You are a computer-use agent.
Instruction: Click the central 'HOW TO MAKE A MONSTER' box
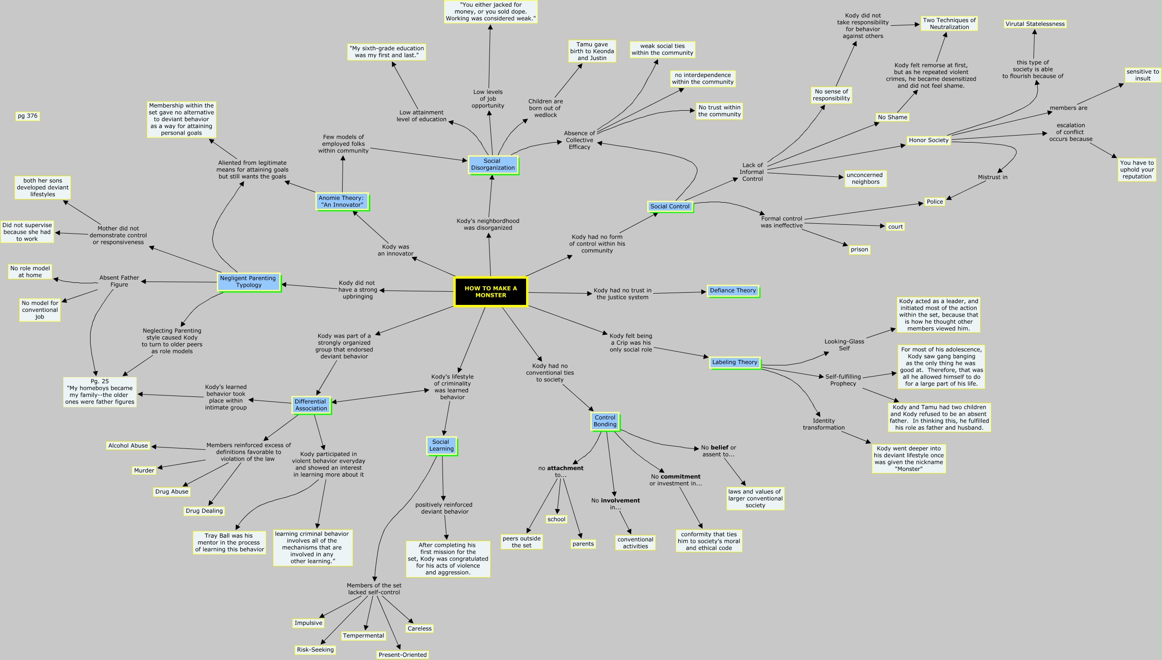[490, 292]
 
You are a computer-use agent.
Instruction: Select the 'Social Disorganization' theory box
[493, 165]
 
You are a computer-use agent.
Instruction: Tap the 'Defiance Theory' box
[733, 291]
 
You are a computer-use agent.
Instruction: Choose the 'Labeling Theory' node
[734, 362]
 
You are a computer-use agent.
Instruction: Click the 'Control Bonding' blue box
[605, 421]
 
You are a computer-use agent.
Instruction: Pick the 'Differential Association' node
[311, 405]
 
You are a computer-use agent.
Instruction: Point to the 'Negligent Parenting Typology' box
[248, 281]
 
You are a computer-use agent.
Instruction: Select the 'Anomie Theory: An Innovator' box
[341, 201]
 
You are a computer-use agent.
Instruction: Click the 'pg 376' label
[28, 116]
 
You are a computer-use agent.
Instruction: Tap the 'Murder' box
[144, 470]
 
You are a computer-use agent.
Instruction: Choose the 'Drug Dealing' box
[204, 511]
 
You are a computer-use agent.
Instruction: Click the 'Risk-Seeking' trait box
[315, 650]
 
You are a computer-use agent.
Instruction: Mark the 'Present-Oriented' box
[403, 655]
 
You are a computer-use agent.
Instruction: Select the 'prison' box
[859, 250]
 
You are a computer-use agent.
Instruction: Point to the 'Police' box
[934, 202]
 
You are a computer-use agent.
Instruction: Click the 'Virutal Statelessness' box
[1035, 24]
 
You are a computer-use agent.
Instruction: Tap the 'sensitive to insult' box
[1142, 75]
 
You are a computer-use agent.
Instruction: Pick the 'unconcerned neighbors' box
[864, 178]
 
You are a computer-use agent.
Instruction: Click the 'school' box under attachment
[557, 519]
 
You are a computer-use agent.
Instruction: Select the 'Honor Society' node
[928, 140]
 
